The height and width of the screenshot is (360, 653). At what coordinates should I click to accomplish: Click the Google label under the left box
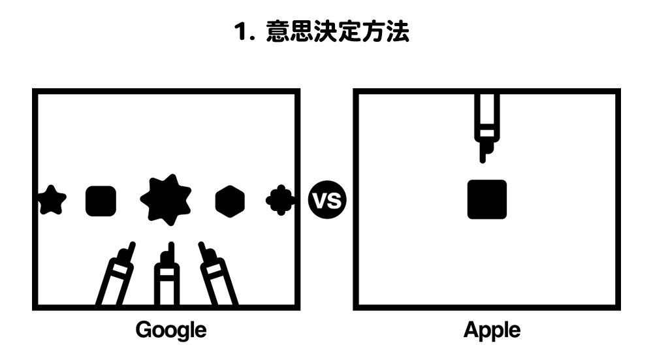(170, 330)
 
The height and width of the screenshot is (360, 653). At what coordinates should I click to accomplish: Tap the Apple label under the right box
(492, 330)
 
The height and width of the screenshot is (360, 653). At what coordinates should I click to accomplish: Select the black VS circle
(326, 201)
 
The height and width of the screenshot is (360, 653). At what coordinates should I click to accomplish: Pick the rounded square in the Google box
(101, 201)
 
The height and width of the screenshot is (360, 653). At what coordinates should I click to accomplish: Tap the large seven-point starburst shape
(165, 200)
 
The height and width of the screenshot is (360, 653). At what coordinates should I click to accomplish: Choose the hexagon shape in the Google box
(230, 201)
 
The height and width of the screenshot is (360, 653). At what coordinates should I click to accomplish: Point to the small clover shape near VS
(279, 200)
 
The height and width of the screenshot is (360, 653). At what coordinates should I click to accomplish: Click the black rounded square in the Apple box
(487, 199)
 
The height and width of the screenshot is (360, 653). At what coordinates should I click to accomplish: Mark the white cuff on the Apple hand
(486, 133)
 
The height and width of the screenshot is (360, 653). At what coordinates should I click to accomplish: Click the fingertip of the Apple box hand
(483, 157)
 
